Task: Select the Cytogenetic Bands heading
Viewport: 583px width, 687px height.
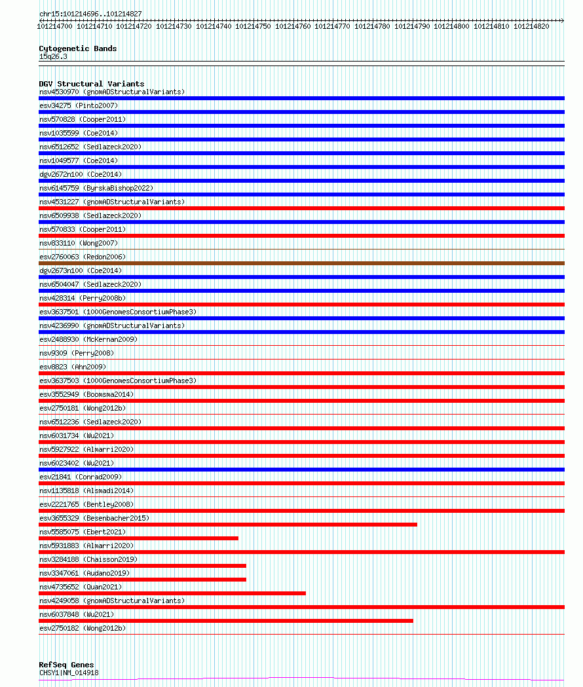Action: pos(77,48)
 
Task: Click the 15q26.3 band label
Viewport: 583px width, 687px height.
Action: pos(53,56)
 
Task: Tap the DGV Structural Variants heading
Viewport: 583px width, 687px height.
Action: pos(91,84)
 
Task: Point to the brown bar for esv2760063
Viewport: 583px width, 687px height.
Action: pos(301,263)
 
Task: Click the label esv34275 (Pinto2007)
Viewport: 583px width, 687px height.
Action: pos(78,105)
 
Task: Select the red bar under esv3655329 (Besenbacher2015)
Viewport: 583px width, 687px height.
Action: pos(227,524)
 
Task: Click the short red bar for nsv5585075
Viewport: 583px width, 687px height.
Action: pos(138,538)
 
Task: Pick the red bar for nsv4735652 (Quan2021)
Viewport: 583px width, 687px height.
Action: pos(172,593)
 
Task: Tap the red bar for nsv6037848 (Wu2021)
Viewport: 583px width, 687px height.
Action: pos(225,621)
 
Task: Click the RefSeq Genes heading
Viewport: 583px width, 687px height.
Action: pos(66,665)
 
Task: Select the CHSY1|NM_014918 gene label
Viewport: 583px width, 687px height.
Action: pos(69,673)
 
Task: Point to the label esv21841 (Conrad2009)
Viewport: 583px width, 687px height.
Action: pos(80,477)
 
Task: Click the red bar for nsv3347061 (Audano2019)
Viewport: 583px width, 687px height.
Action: pos(142,580)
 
